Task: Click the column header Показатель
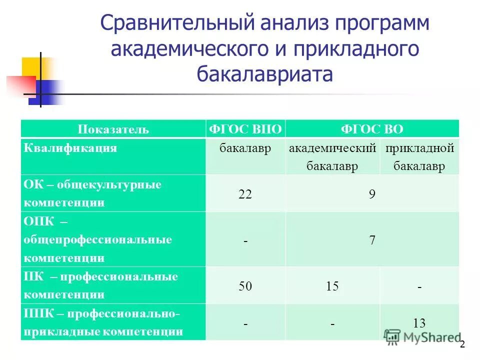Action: click(x=113, y=129)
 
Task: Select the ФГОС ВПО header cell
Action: click(x=245, y=129)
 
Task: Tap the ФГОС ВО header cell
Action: click(x=372, y=129)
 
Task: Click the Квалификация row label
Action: click(x=70, y=148)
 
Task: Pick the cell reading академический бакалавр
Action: click(x=332, y=157)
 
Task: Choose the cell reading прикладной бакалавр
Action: click(x=419, y=157)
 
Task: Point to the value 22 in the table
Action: click(x=245, y=193)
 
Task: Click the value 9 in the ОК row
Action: click(x=372, y=193)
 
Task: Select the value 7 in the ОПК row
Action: click(x=372, y=239)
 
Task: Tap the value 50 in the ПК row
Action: click(x=245, y=286)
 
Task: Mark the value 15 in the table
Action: click(x=332, y=286)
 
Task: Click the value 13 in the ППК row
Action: click(x=419, y=323)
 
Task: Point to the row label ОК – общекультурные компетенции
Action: click(x=92, y=193)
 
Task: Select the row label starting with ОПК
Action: click(x=97, y=239)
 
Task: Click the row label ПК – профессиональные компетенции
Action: click(x=100, y=285)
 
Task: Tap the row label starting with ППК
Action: click(x=103, y=322)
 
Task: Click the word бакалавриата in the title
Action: click(x=264, y=74)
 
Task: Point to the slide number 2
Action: click(x=462, y=344)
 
